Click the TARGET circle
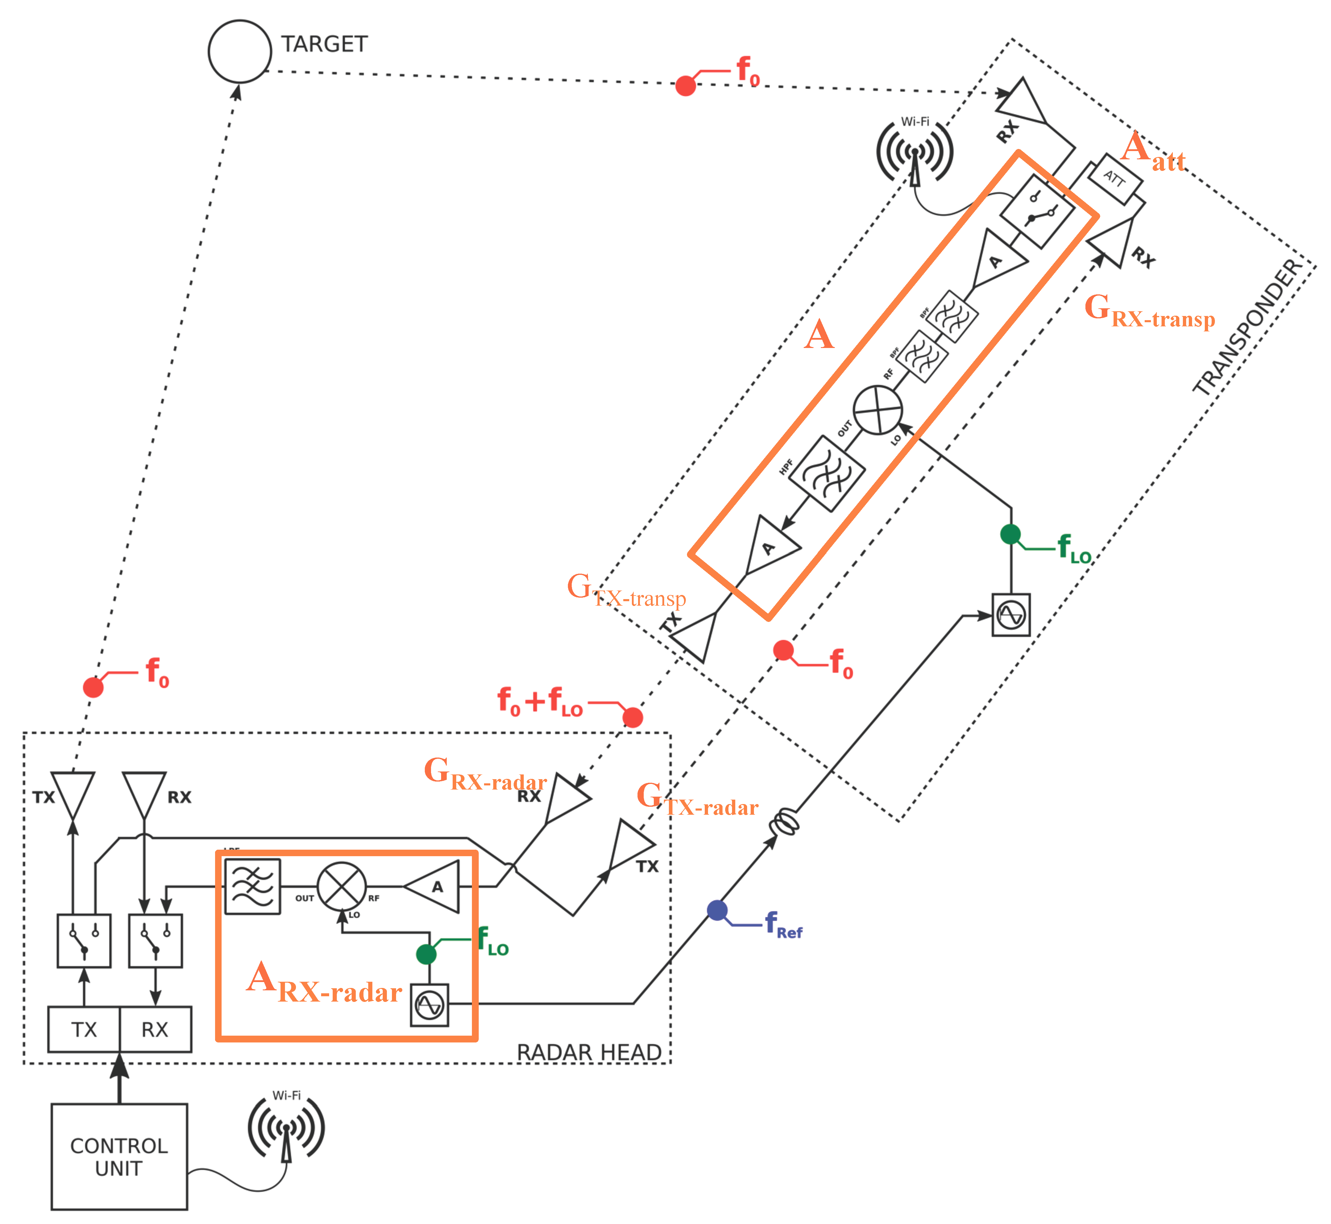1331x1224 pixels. (x=239, y=51)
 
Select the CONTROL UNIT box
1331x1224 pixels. (x=119, y=1156)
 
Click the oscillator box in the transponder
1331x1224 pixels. (x=1010, y=615)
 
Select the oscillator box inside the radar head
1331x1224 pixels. (x=429, y=1005)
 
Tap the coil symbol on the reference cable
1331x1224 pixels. (x=785, y=823)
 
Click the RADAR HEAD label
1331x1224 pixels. (x=588, y=1052)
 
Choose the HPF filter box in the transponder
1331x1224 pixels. (x=827, y=473)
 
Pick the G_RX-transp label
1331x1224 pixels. (x=1149, y=311)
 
